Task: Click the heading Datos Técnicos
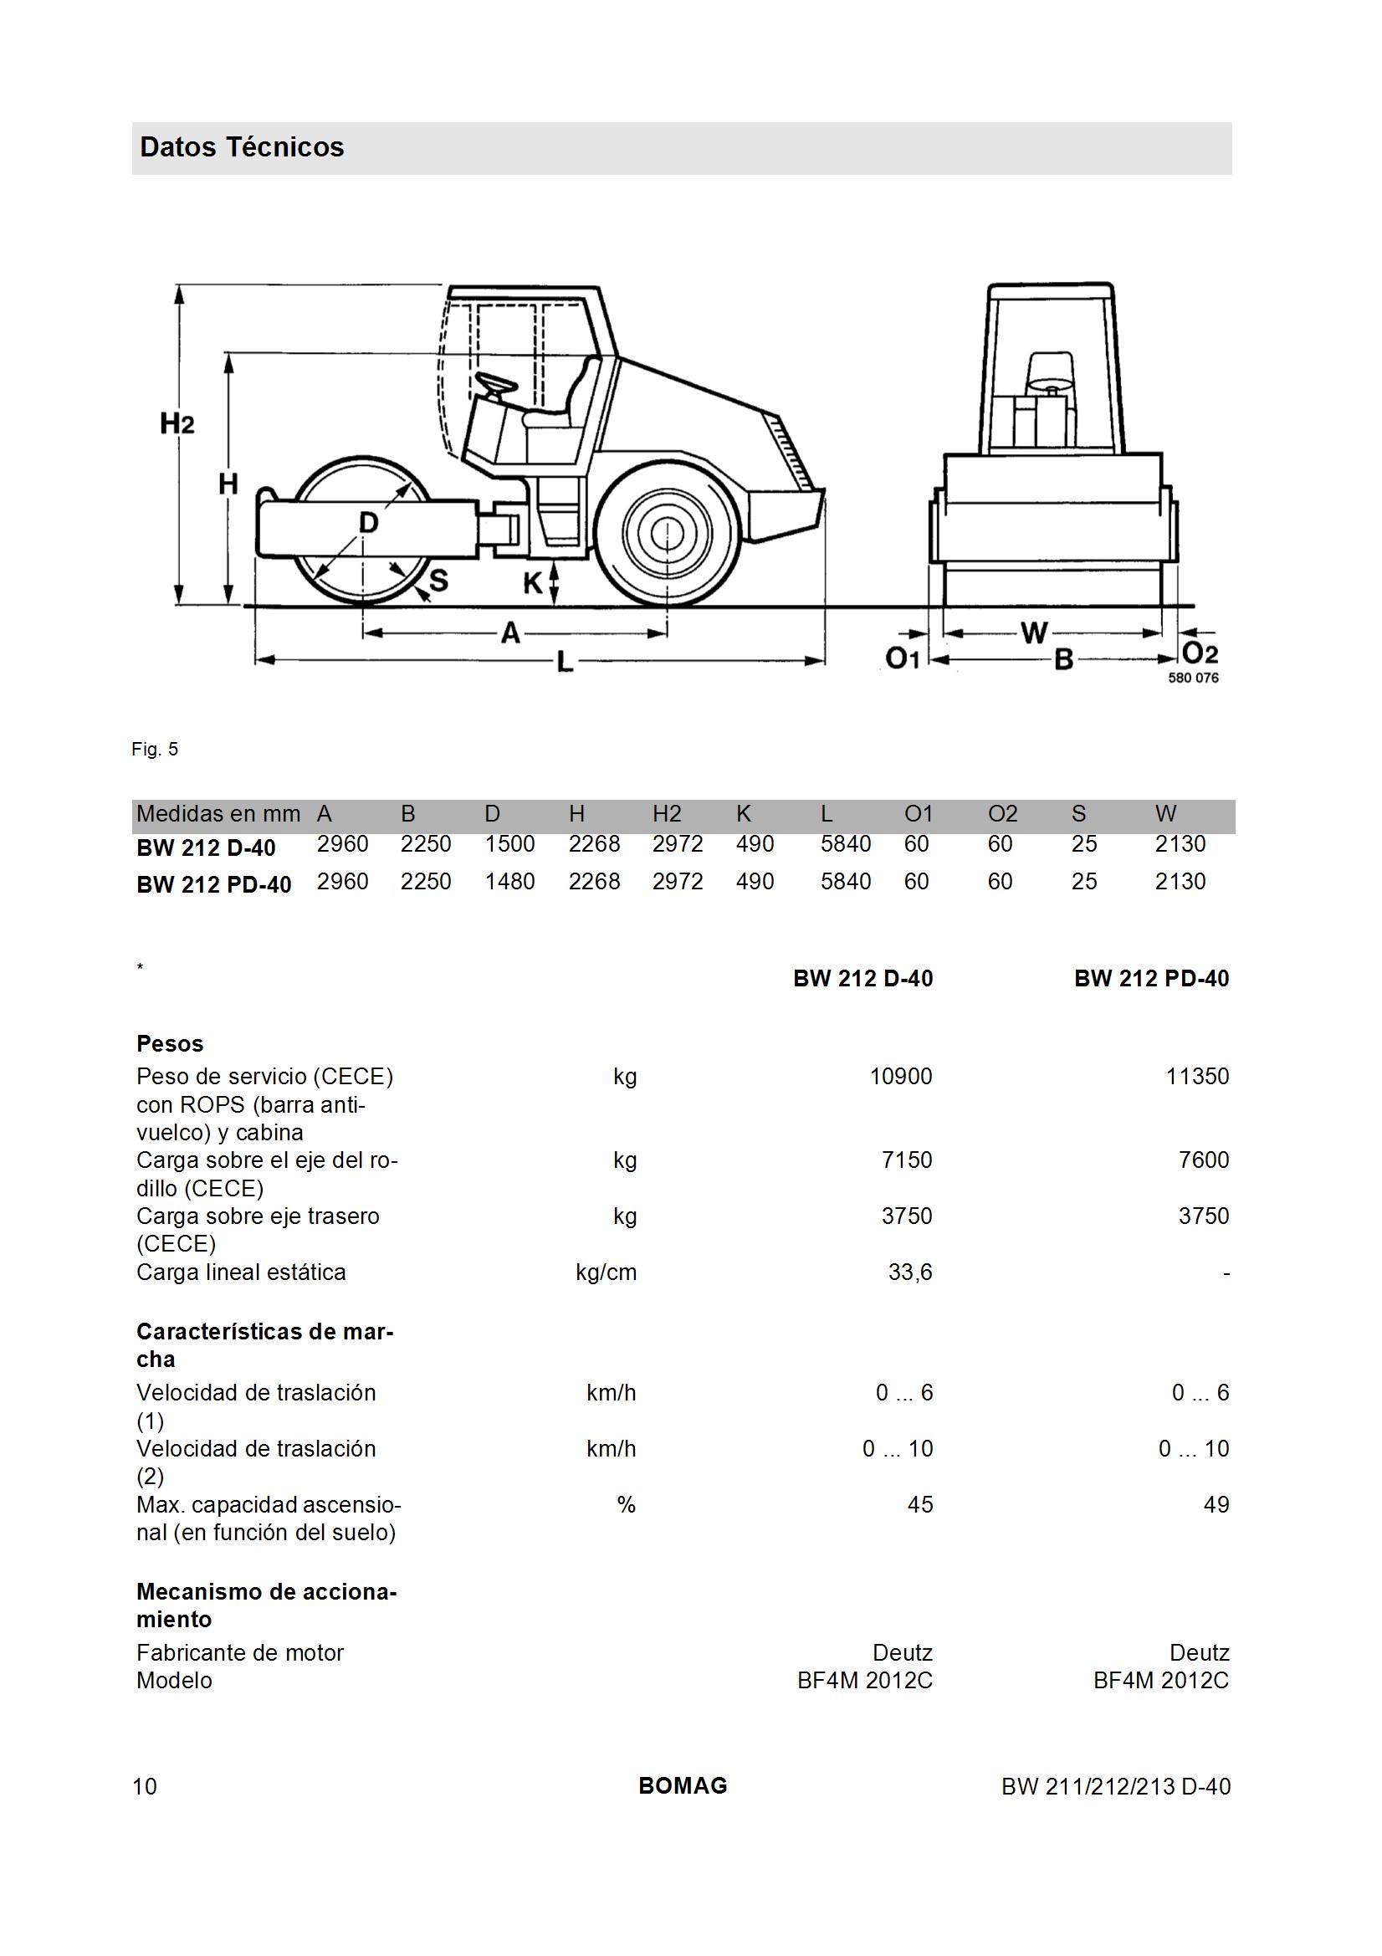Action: (x=242, y=147)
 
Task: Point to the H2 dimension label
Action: (x=177, y=423)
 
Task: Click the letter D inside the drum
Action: (x=368, y=521)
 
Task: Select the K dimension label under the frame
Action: (x=534, y=585)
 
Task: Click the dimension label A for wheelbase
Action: (x=509, y=633)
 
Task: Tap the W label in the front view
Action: (x=1034, y=633)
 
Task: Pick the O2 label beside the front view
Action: (x=1200, y=653)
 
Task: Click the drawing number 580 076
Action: (x=1193, y=678)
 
